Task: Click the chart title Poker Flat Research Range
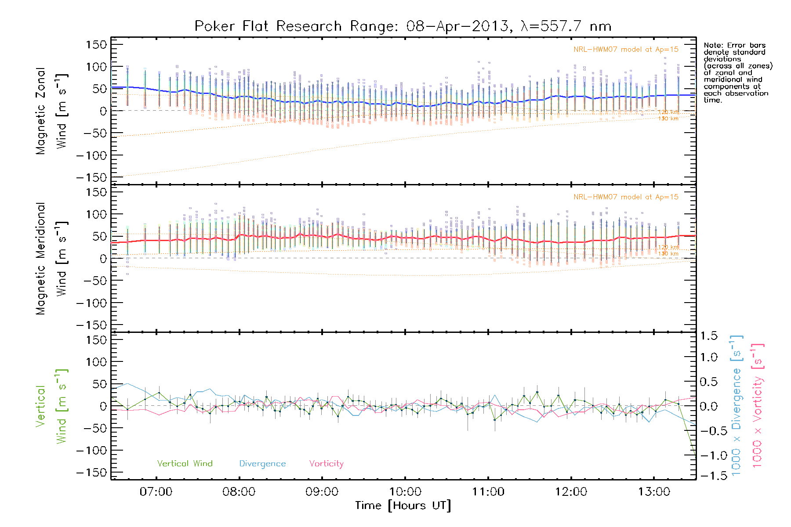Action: (x=403, y=26)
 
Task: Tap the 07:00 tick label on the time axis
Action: (x=156, y=491)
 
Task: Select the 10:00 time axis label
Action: (x=405, y=491)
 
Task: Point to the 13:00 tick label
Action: (x=654, y=491)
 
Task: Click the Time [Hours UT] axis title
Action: (x=403, y=505)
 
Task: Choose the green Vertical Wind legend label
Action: (x=185, y=463)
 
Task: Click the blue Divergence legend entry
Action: (x=262, y=463)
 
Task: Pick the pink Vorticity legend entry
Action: (x=326, y=463)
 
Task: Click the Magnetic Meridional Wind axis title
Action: (x=51, y=259)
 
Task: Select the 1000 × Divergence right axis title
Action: (x=736, y=405)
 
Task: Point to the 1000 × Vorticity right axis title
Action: (x=757, y=405)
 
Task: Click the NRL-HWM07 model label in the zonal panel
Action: (x=626, y=50)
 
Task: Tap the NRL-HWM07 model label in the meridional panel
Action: (x=626, y=197)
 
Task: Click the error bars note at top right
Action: (x=737, y=72)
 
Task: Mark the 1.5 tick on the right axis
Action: (x=708, y=336)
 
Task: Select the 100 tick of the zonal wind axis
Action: (x=96, y=67)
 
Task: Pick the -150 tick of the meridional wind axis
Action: (x=92, y=325)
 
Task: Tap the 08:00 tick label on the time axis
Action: (x=239, y=491)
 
